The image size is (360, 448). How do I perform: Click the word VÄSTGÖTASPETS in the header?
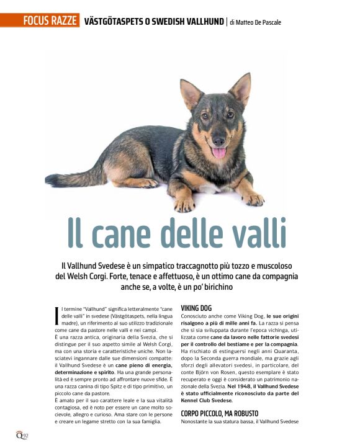(x=116, y=22)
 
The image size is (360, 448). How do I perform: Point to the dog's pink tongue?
(x=218, y=152)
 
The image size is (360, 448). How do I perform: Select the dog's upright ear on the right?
(x=241, y=88)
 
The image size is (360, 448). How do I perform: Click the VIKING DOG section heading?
(x=196, y=307)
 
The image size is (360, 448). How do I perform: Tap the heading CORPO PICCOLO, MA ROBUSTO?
(x=220, y=413)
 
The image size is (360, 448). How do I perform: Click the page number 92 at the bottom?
(x=26, y=435)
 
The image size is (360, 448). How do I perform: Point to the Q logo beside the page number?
(x=19, y=434)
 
